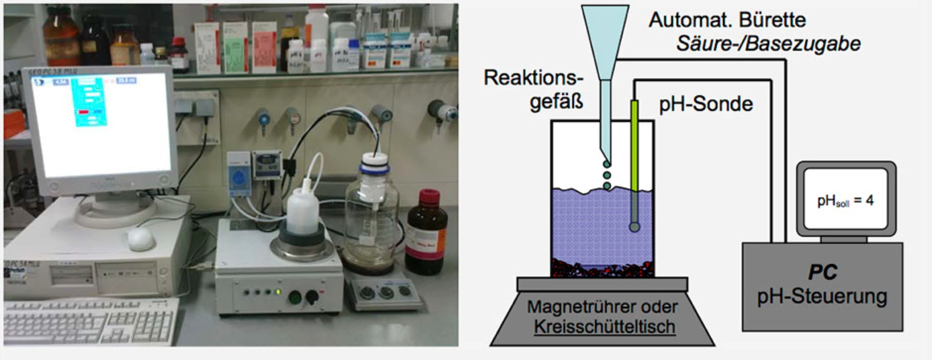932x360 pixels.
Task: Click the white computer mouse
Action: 141,239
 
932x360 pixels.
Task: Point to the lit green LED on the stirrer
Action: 278,292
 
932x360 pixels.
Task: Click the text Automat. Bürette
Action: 727,20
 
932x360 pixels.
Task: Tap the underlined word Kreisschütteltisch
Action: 605,327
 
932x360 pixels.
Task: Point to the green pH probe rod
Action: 634,145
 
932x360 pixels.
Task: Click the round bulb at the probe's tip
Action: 634,227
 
